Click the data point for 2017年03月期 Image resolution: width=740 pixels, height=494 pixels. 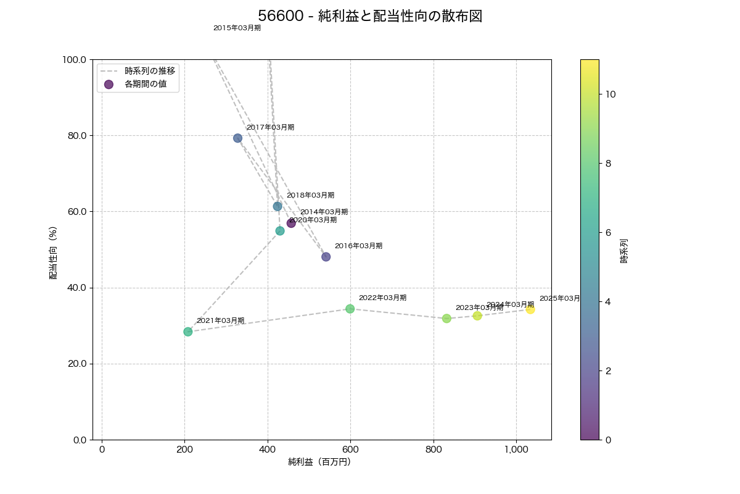237,138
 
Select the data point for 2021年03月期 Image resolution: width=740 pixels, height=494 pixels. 188,332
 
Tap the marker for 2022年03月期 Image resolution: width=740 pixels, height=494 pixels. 350,309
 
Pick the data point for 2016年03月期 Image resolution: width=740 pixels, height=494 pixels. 326,257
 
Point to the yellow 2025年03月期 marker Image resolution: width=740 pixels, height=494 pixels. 530,309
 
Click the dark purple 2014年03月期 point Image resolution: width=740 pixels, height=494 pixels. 291,223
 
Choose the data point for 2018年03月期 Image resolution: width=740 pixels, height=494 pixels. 277,206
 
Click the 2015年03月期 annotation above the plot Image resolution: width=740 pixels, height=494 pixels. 237,28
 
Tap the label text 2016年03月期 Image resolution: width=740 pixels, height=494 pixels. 358,246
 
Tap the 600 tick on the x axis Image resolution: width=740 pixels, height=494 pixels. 350,449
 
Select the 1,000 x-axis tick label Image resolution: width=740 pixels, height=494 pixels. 516,449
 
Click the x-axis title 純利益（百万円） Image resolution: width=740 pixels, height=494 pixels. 319,462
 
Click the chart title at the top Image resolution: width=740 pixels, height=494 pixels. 370,16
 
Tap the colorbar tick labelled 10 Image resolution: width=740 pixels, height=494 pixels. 610,94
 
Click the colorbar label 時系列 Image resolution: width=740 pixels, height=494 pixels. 624,251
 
